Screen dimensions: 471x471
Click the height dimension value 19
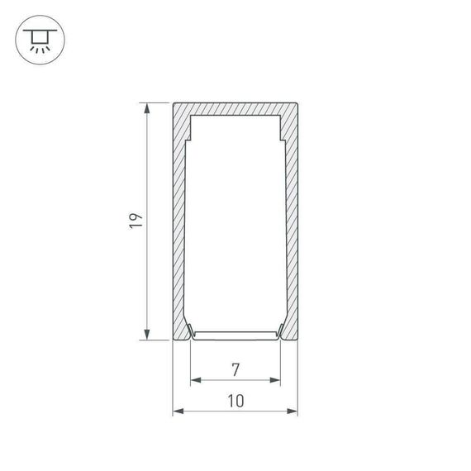pyautogui.click(x=136, y=221)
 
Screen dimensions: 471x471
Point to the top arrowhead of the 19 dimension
pyautogui.click(x=148, y=107)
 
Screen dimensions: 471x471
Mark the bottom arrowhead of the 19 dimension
pyautogui.click(x=148, y=335)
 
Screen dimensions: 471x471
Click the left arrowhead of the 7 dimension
pyautogui.click(x=195, y=381)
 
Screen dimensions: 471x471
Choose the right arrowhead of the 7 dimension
pyautogui.click(x=276, y=381)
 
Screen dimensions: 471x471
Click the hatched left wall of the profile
pyautogui.click(x=178, y=223)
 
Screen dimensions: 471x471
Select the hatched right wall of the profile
pyautogui.click(x=292, y=223)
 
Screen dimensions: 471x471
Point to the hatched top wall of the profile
pyautogui.click(x=235, y=108)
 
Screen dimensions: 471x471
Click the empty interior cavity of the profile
pyautogui.click(x=235, y=223)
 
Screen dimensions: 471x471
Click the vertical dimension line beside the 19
pyautogui.click(x=148, y=273)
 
